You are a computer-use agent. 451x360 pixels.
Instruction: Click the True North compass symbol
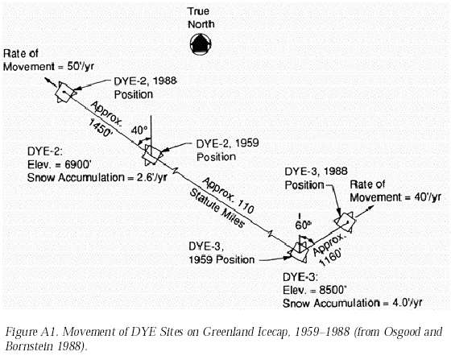201,44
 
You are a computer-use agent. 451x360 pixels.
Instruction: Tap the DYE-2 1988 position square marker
65,93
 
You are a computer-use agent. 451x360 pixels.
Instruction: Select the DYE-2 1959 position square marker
152,155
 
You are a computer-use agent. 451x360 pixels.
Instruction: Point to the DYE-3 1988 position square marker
345,222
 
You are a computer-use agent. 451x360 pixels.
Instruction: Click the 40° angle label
139,130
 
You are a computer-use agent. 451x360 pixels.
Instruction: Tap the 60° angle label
303,226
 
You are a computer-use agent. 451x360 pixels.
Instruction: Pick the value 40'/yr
428,197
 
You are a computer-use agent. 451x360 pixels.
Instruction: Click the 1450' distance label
100,128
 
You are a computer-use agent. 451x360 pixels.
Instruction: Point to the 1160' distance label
331,259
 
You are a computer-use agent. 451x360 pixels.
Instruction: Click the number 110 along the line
245,207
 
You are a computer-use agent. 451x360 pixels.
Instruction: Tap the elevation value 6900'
78,165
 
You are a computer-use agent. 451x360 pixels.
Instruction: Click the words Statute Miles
217,209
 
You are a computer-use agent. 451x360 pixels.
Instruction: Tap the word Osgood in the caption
407,333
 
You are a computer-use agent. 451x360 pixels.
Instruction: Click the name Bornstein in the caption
29,346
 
